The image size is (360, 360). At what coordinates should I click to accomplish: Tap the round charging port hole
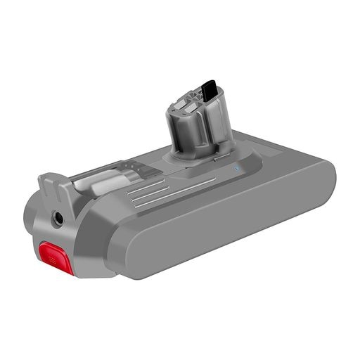[x=56, y=218]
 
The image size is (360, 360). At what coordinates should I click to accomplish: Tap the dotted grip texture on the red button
[x=56, y=261]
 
